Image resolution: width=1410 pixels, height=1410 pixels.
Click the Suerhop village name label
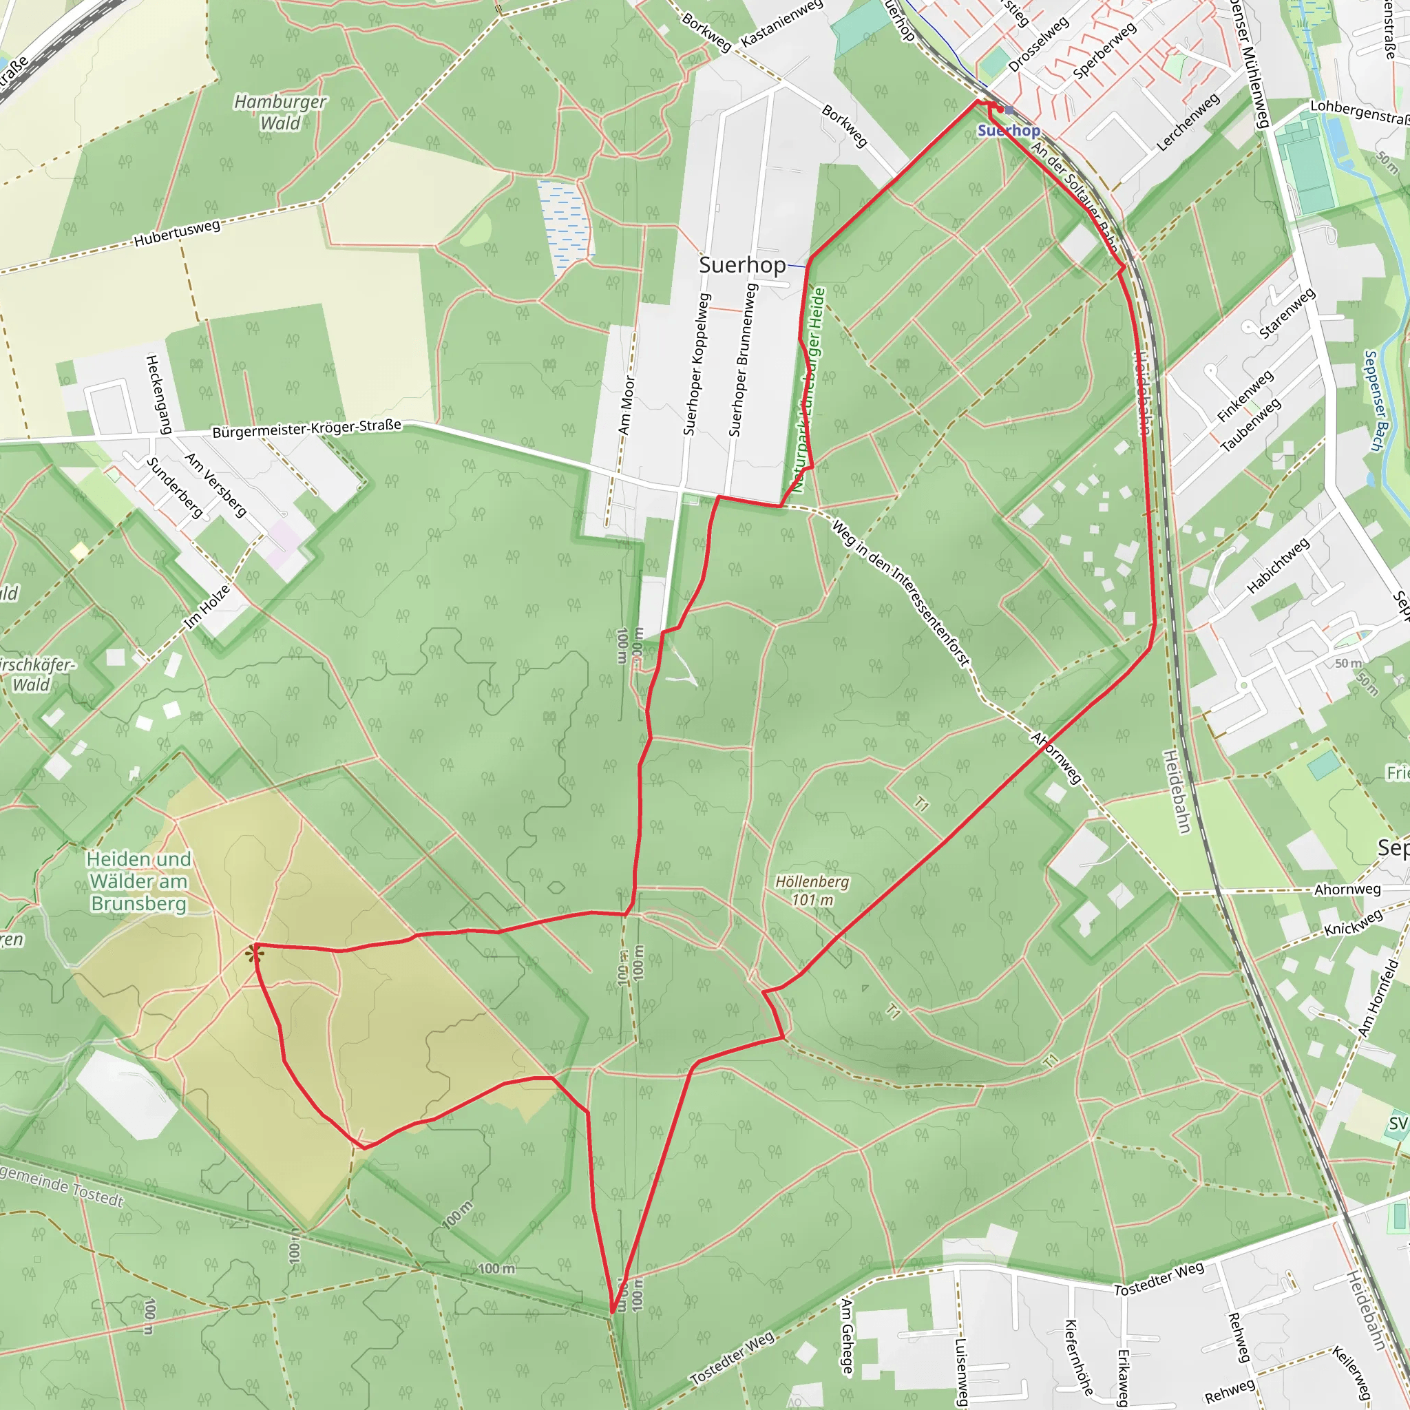(741, 264)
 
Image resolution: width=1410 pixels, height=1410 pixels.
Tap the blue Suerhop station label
(1009, 131)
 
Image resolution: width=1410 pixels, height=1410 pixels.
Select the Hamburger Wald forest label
(280, 112)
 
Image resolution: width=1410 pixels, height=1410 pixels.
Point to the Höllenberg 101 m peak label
(812, 890)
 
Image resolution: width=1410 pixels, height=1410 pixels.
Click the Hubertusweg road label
(177, 233)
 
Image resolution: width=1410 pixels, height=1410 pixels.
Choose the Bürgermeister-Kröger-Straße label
(306, 428)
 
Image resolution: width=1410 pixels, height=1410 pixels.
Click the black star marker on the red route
(255, 953)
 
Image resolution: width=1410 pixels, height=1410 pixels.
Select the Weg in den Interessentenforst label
(901, 592)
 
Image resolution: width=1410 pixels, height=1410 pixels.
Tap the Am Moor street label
(627, 405)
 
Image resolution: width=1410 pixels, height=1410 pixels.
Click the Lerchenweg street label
(1188, 122)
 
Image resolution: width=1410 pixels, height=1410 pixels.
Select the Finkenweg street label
(1245, 397)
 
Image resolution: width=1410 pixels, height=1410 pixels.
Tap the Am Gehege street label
(847, 1336)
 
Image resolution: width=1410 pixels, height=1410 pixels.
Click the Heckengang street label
(158, 394)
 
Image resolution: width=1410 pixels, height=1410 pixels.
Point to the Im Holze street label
(207, 607)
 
